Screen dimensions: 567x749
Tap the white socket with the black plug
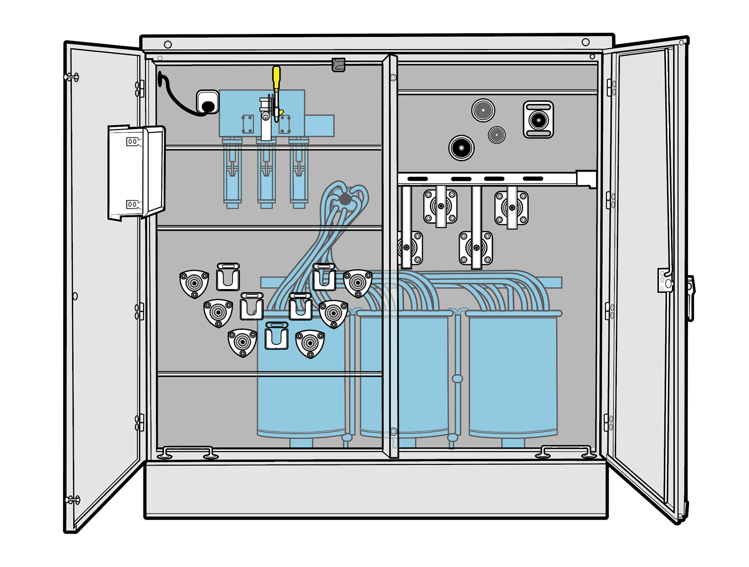point(208,103)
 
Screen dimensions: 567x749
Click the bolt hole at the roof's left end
point(168,44)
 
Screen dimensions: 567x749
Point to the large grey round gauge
point(483,110)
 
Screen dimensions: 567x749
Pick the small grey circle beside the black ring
point(497,135)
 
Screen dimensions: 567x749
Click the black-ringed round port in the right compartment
point(461,148)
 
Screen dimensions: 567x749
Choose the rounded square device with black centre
point(538,120)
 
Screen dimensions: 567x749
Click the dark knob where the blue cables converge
point(345,199)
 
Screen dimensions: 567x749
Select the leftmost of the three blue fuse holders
point(232,172)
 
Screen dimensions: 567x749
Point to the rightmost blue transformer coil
point(513,375)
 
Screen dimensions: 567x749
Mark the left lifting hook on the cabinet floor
point(187,453)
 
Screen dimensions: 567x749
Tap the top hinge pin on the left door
point(72,77)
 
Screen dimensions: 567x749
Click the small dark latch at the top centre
point(338,65)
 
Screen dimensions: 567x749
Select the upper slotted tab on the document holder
point(133,142)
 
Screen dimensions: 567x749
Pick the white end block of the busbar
point(586,179)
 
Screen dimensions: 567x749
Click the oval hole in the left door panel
point(75,296)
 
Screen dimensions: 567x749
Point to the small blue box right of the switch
point(319,126)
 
